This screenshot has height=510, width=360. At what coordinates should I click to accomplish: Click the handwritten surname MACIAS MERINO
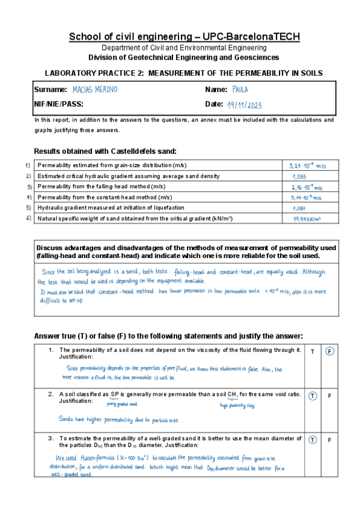[x=94, y=90]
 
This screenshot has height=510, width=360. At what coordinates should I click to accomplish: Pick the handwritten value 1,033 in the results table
[x=300, y=176]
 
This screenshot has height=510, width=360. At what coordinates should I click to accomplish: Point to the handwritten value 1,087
[x=299, y=207]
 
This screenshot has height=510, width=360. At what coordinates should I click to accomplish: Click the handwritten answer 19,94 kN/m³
[x=307, y=219]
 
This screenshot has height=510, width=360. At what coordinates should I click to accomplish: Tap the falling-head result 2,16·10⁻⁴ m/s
[x=307, y=187]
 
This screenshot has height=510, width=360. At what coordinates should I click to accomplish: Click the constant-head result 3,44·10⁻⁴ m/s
[x=306, y=197]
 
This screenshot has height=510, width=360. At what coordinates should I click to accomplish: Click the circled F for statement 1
[x=329, y=351]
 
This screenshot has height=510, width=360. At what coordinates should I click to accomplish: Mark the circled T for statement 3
[x=313, y=440]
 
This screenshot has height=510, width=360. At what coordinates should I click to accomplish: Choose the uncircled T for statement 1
[x=313, y=351]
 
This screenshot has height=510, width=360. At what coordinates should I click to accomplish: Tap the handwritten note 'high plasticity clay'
[x=237, y=405]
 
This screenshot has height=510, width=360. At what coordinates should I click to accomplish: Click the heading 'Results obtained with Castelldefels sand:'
[x=105, y=150]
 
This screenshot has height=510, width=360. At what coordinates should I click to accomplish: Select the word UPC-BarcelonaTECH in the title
[x=243, y=37]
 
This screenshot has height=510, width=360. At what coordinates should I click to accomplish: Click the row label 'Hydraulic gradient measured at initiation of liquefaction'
[x=111, y=207]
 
